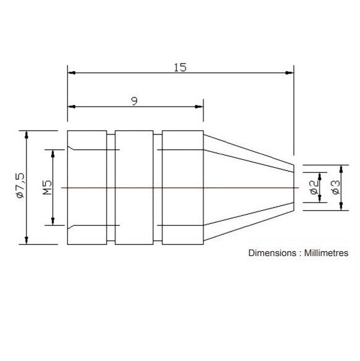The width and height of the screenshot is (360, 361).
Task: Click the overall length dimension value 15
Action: (180, 67)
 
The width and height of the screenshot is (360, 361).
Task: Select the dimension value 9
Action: (134, 101)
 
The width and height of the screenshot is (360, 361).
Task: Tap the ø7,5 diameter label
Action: (21, 186)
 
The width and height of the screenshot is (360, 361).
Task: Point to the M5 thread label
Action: (47, 188)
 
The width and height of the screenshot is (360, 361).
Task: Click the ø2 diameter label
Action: (314, 188)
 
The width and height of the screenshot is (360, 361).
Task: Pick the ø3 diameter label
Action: (336, 187)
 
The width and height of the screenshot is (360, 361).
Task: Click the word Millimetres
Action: (326, 253)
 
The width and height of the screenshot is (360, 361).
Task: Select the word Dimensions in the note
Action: (272, 253)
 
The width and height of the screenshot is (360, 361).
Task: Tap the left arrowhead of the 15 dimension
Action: (72, 73)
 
